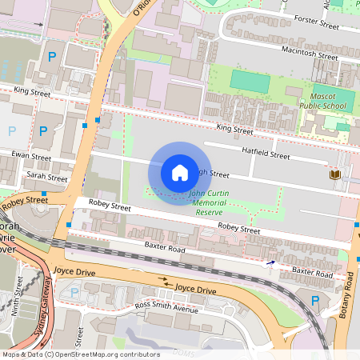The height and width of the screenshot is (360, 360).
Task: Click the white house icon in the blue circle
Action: [180, 172]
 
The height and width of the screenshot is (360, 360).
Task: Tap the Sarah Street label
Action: [46, 177]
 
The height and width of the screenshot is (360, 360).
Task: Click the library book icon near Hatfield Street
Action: [333, 174]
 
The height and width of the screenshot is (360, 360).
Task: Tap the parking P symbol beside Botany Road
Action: [314, 300]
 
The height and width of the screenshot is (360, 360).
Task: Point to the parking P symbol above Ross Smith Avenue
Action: [75, 292]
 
